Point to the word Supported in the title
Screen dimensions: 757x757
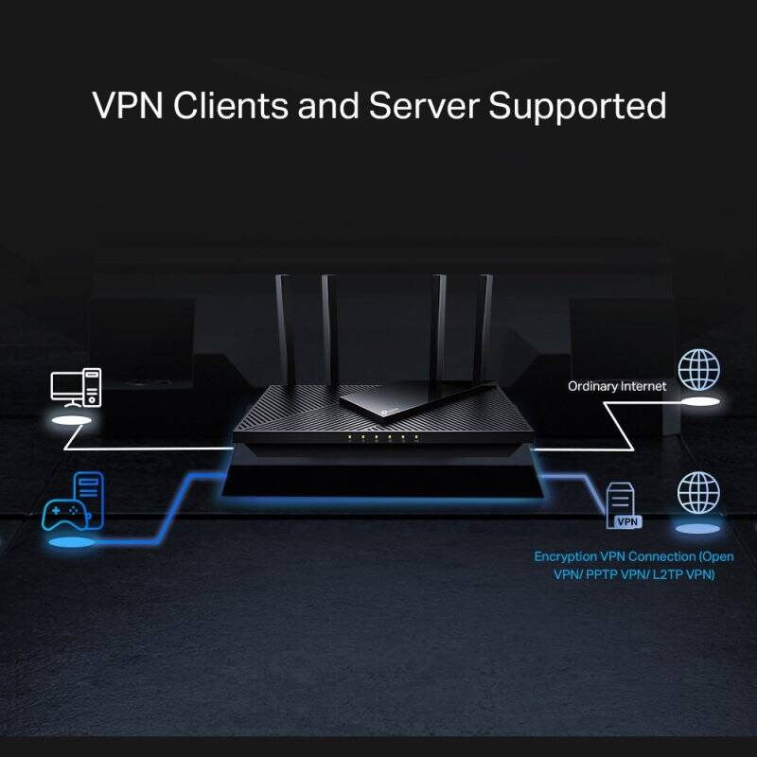pyautogui.click(x=577, y=107)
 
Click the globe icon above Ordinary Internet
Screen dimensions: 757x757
pyautogui.click(x=698, y=368)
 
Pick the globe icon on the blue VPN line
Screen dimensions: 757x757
pyautogui.click(x=698, y=492)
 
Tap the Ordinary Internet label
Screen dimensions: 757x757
pyautogui.click(x=617, y=386)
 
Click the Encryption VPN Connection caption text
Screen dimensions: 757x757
pyautogui.click(x=633, y=565)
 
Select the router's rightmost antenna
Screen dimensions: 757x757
pyautogui.click(x=485, y=322)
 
